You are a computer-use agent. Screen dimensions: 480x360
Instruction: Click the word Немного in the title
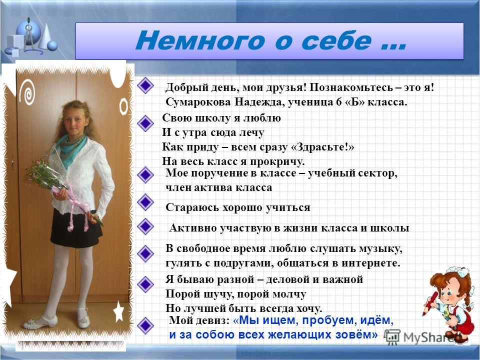click(199, 40)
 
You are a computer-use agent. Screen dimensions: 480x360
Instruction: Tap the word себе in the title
click(336, 40)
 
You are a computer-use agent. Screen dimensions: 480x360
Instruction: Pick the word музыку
click(381, 249)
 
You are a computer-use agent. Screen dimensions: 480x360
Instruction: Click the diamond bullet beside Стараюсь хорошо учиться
click(145, 202)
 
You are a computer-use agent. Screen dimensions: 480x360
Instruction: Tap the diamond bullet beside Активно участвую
click(145, 226)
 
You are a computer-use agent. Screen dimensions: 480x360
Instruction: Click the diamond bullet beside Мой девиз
click(145, 325)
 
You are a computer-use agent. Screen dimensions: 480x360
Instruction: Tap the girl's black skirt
click(76, 228)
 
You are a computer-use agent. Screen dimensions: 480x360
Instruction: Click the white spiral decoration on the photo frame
click(27, 92)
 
